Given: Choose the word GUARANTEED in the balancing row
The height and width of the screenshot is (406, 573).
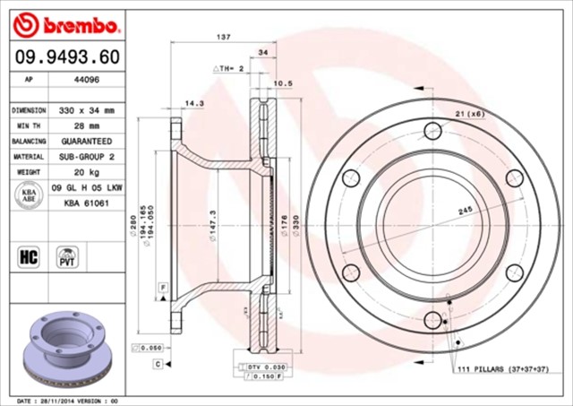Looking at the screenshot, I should click(89, 142).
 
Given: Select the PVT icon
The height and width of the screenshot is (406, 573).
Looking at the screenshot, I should click(67, 257).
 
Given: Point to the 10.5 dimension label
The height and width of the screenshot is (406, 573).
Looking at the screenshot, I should click(282, 83).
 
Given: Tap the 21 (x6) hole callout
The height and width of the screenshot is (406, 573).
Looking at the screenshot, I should click(469, 113).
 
